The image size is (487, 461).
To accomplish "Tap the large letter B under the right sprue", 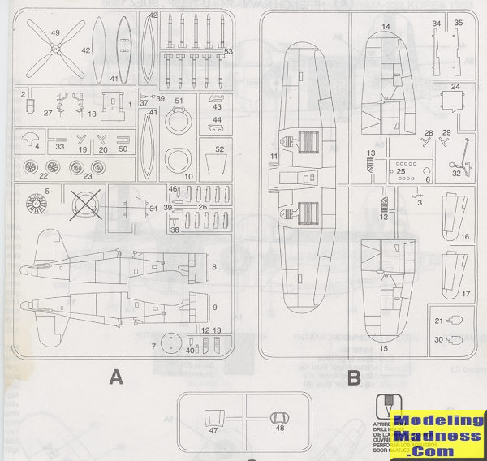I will pos(354,377).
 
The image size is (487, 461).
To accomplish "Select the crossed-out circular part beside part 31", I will pos(84,204).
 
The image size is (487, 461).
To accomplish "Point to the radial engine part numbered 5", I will pos(37,204).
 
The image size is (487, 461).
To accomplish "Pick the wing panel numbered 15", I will pos(386,284).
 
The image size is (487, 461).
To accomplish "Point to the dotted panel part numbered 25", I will pos(403,172).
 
